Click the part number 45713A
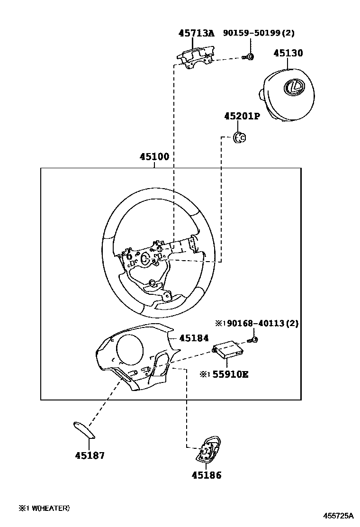coord(196,33)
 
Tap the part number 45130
coord(288,53)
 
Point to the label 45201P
coord(242,116)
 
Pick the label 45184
coord(194,338)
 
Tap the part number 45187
coord(90,455)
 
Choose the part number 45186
coord(207,475)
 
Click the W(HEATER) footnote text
coord(47,508)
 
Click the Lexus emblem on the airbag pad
coord(293,87)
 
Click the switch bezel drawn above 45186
coord(207,450)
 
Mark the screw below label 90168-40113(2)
coord(253,339)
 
